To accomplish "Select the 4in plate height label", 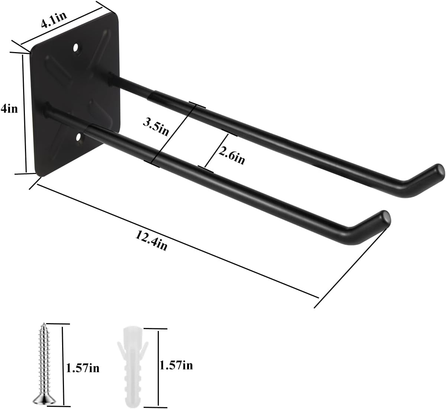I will point(9,109).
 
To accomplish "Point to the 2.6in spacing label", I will point(231,155).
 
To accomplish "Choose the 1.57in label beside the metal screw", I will point(83,368).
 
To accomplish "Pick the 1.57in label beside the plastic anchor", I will point(176,365).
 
